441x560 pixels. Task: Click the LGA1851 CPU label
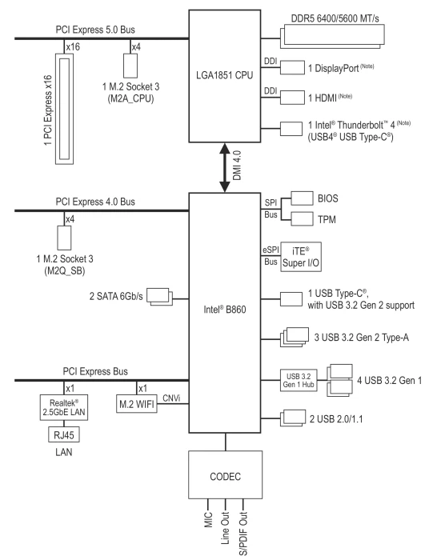224,75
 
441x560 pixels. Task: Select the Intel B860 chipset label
225,309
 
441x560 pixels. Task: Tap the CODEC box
226,474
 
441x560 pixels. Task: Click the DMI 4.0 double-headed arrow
224,168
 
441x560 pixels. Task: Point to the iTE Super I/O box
301,257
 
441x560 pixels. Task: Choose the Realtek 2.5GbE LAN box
63,407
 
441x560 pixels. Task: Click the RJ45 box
64,434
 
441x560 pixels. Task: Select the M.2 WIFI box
137,404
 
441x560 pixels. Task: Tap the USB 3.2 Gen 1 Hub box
299,380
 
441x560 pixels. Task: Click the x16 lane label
73,46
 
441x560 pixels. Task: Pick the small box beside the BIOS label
302,198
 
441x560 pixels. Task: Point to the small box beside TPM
302,218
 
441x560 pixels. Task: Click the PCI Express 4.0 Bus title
95,202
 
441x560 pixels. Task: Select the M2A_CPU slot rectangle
130,66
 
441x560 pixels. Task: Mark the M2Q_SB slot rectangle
64,238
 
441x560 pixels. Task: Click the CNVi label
171,398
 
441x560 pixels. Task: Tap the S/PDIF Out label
243,534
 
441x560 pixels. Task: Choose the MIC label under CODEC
208,520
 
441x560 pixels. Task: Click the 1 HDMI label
322,98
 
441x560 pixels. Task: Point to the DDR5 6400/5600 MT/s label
335,18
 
